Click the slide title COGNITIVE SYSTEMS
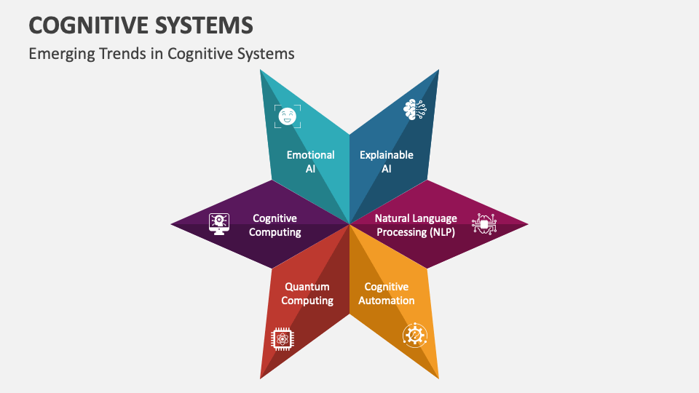click(x=141, y=25)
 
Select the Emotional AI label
click(x=310, y=162)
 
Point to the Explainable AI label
click(x=387, y=162)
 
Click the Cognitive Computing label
click(x=275, y=225)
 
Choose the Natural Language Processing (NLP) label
click(x=416, y=225)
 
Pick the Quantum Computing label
click(x=307, y=293)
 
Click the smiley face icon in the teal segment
click(x=287, y=116)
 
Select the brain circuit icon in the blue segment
click(x=414, y=109)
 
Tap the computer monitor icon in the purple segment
click(x=219, y=223)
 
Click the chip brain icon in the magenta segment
click(x=483, y=224)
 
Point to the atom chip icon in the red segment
click(x=282, y=338)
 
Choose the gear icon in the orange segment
click(x=414, y=335)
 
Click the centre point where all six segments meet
click(x=349, y=223)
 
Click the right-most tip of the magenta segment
click(x=527, y=223)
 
